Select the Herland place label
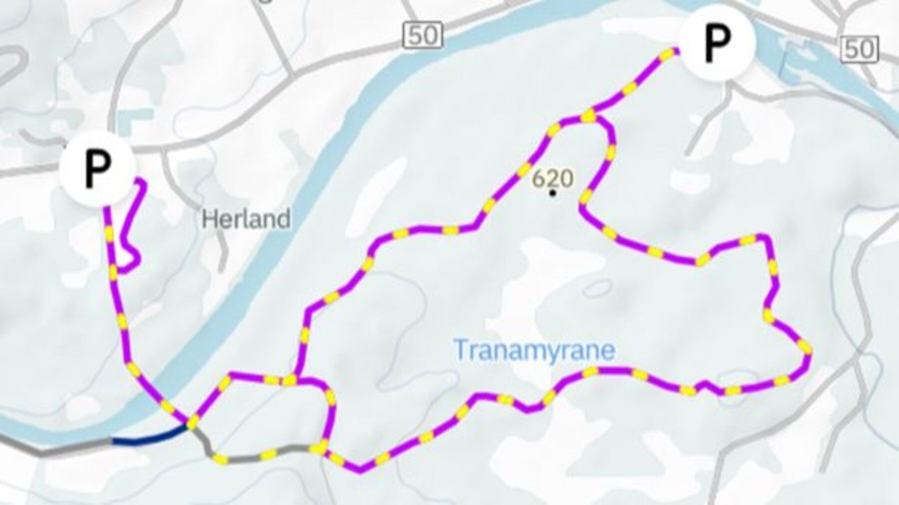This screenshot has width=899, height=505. (x=246, y=219)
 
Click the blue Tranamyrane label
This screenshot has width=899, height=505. (x=534, y=350)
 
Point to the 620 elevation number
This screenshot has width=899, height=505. (x=552, y=179)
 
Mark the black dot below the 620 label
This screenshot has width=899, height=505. (x=553, y=193)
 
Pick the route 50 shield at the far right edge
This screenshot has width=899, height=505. (x=859, y=49)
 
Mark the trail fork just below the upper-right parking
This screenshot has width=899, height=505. (x=589, y=116)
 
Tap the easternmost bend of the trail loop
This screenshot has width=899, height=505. (x=807, y=352)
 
